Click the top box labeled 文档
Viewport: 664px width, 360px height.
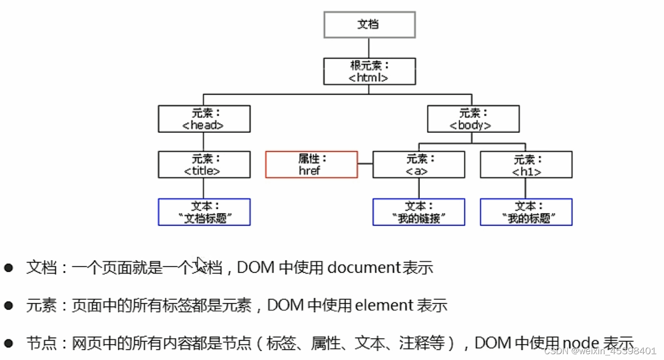pyautogui.click(x=369, y=25)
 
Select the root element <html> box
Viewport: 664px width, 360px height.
pyautogui.click(x=369, y=71)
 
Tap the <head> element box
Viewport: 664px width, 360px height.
pyautogui.click(x=204, y=119)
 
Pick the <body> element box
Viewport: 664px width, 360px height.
pyautogui.click(x=473, y=119)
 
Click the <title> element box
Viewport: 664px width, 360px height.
pyautogui.click(x=204, y=164)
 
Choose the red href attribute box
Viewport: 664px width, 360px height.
pyautogui.click(x=311, y=164)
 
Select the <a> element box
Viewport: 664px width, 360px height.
pyautogui.click(x=418, y=164)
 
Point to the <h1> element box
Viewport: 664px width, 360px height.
pyautogui.click(x=526, y=164)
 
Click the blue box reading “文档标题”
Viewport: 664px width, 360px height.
pyautogui.click(x=204, y=212)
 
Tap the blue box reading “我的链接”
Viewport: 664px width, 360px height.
pyautogui.click(x=418, y=212)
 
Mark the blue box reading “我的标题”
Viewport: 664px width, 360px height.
pyautogui.click(x=526, y=212)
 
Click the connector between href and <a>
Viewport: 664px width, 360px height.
pyautogui.click(x=365, y=164)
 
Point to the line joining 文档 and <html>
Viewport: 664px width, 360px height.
pyautogui.click(x=369, y=48)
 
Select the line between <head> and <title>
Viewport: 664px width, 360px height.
pyautogui.click(x=203, y=142)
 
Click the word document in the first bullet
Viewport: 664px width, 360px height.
pyautogui.click(x=364, y=267)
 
